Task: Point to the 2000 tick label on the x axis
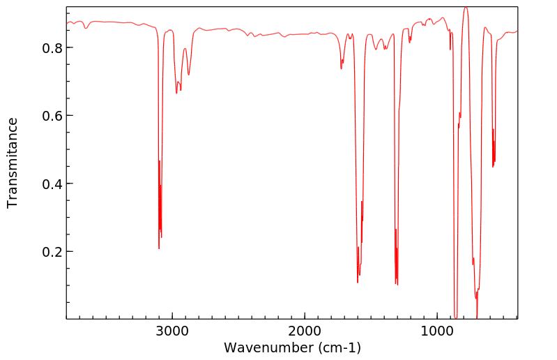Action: pos(305,331)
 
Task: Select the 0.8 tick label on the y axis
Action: pos(52,48)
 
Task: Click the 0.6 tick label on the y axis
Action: pos(52,116)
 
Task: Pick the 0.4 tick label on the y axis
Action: pos(52,184)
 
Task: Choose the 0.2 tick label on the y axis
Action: pos(52,252)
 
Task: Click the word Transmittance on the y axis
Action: pos(13,163)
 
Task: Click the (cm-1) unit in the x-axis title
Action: pos(339,347)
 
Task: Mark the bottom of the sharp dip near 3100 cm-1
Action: pos(159,248)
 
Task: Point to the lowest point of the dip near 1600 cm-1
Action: pos(358,282)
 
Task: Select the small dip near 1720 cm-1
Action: pos(341,68)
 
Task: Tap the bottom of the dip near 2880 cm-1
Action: pos(188,75)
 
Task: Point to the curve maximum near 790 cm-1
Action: pos(466,8)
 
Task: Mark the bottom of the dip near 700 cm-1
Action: pos(477,317)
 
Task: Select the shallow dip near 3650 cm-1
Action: pos(86,29)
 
